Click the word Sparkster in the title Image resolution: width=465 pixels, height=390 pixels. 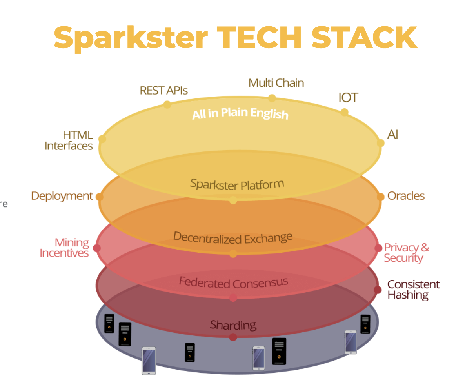(x=131, y=37)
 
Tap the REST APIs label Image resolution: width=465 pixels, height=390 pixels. (x=163, y=91)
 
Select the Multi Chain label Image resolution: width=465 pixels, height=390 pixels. (x=276, y=83)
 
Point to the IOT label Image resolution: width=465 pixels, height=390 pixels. (x=348, y=97)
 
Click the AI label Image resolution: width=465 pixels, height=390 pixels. (x=392, y=135)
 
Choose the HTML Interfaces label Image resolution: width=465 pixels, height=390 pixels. (x=69, y=140)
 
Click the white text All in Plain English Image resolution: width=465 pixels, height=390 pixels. (x=240, y=113)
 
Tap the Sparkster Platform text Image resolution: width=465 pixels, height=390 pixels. (x=237, y=184)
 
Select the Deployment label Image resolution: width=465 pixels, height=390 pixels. (x=62, y=196)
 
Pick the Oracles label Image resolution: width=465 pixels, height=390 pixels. (x=406, y=196)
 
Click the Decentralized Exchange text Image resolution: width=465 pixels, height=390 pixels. (x=233, y=237)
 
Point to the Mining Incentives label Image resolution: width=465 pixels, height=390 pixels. (x=65, y=248)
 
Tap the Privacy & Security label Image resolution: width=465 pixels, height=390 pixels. (x=406, y=253)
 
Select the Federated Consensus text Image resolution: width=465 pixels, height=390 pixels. (x=233, y=282)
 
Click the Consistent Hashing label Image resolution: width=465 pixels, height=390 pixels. (x=413, y=290)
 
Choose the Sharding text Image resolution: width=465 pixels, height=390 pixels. (x=233, y=325)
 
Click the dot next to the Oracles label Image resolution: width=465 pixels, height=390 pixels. (x=380, y=197)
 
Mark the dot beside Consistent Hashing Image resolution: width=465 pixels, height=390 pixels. (x=378, y=290)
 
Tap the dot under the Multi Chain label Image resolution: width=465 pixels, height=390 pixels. (x=272, y=98)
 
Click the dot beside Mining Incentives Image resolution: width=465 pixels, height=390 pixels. (x=97, y=248)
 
